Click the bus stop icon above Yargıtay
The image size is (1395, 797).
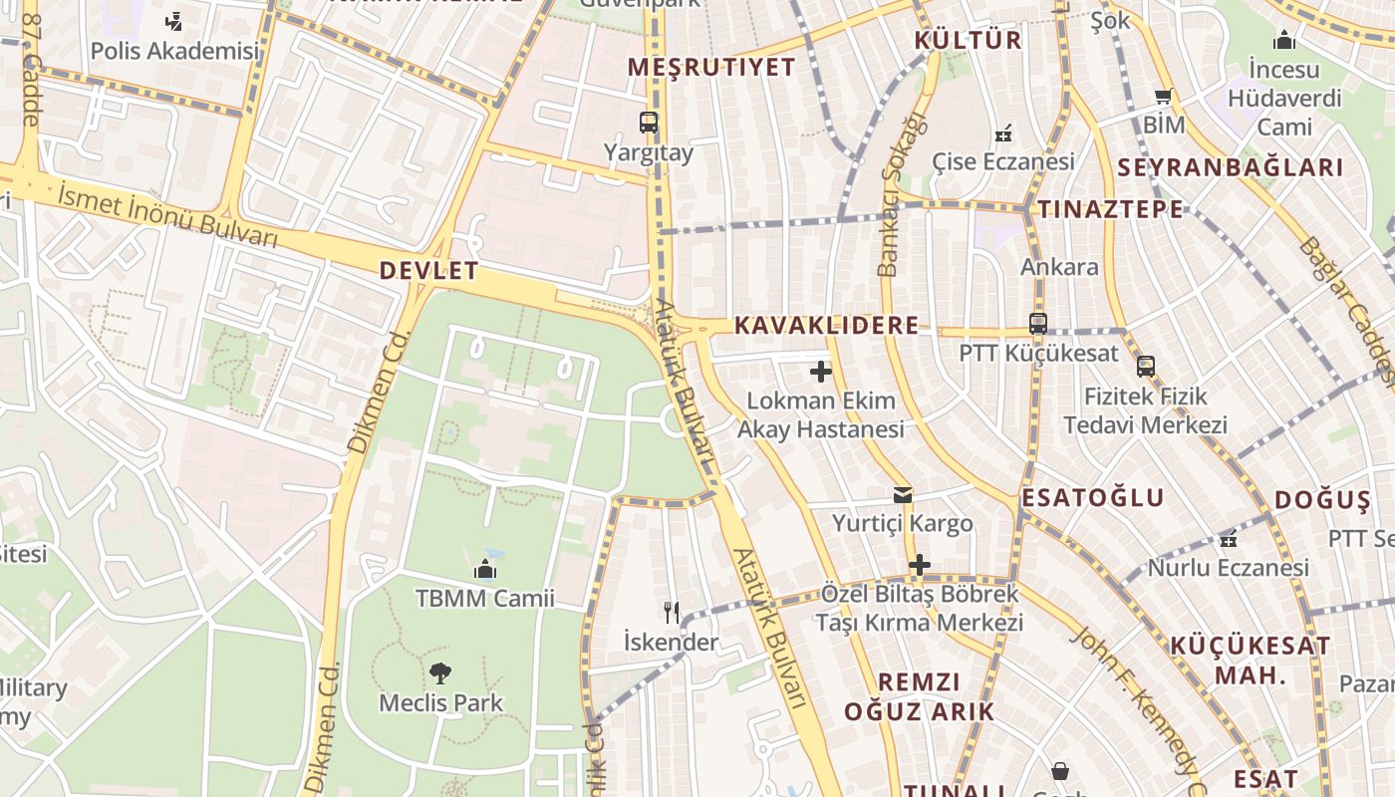click(x=649, y=123)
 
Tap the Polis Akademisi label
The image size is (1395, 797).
click(x=174, y=50)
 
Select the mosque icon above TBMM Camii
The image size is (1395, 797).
click(x=485, y=569)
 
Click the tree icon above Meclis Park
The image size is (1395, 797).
click(x=440, y=672)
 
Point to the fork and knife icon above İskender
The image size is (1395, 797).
click(x=672, y=612)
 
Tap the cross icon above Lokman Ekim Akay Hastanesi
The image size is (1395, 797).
click(x=821, y=372)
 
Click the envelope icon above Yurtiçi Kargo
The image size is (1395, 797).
click(x=903, y=494)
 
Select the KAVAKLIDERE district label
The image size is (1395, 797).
click(x=826, y=326)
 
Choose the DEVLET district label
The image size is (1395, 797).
click(x=428, y=271)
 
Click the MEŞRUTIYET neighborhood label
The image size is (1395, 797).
click(x=711, y=67)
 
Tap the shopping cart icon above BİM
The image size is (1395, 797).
click(x=1163, y=97)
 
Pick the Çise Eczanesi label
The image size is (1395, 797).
click(x=1003, y=161)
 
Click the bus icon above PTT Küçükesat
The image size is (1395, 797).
click(x=1038, y=324)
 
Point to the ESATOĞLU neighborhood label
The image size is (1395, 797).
click(x=1092, y=498)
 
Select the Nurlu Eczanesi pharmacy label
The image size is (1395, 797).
click(x=1229, y=568)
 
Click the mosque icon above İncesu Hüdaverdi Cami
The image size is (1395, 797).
click(x=1284, y=41)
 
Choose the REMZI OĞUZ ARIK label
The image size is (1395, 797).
click(x=919, y=696)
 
